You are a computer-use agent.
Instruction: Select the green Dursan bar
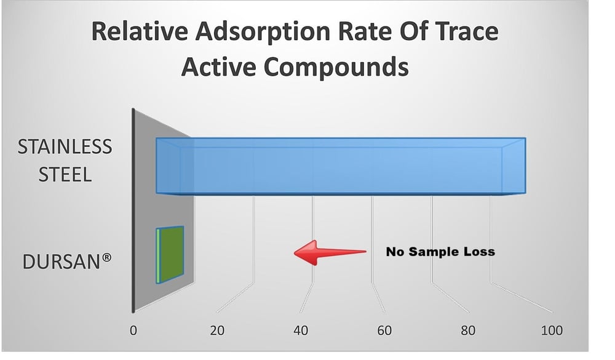tap(170, 255)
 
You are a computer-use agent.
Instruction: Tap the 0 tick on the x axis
tap(133, 330)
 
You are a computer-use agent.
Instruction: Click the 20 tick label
tap(216, 330)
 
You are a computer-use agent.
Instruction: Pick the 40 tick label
tap(300, 330)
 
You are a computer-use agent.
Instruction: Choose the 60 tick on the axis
tap(384, 330)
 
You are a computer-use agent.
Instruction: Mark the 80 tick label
tap(468, 330)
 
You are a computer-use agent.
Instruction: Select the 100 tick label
tap(551, 330)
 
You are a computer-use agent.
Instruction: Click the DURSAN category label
tap(61, 262)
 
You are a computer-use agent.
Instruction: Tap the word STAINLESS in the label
tap(65, 147)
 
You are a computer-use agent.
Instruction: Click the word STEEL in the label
tap(65, 175)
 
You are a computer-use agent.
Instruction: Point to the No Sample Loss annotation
tap(440, 252)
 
